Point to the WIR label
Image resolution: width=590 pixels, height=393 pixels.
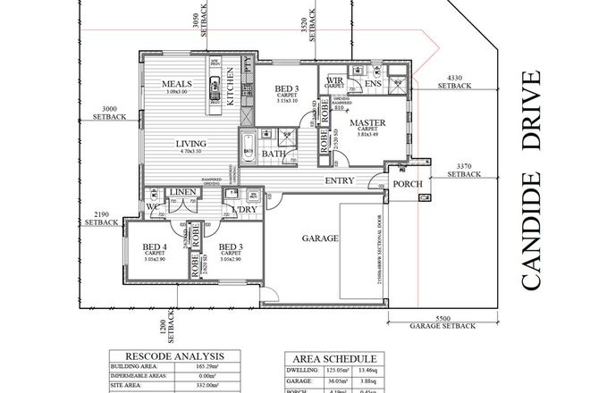(x=335, y=81)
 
